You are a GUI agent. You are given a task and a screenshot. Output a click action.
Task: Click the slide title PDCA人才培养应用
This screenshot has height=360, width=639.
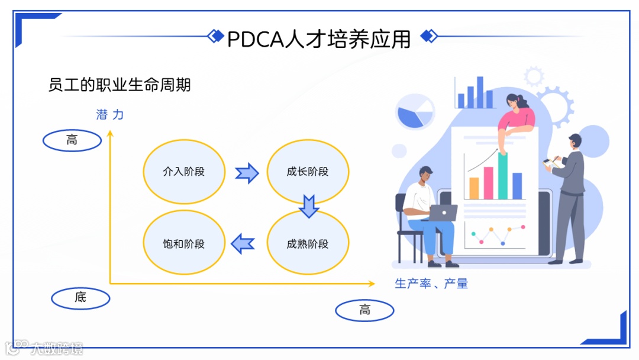(x=319, y=38)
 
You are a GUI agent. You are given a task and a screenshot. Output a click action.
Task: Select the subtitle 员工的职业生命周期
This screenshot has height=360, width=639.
(x=120, y=85)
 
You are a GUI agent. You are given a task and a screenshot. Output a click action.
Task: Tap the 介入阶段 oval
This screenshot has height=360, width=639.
(x=184, y=172)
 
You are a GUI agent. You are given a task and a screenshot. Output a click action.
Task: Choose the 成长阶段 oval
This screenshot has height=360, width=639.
(x=308, y=172)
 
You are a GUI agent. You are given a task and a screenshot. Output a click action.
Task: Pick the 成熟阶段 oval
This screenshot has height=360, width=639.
(x=308, y=244)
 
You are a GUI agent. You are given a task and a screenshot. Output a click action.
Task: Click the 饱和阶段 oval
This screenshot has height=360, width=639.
(x=184, y=244)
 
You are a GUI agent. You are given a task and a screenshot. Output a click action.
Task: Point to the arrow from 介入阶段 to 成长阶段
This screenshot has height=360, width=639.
(x=247, y=173)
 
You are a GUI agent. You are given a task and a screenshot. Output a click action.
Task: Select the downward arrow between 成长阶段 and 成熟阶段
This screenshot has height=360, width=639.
(x=309, y=206)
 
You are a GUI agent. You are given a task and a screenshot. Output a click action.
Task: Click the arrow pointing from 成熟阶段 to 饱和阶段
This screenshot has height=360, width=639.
(x=243, y=243)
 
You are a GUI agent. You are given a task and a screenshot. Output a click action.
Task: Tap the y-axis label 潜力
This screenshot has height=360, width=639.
(x=110, y=115)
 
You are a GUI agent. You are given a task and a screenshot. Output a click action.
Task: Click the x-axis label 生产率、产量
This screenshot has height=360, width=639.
(x=431, y=284)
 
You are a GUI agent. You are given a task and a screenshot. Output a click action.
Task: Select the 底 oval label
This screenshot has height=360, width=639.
(x=80, y=298)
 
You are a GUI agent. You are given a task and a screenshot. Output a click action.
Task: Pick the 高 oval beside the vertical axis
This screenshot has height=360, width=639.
(x=72, y=140)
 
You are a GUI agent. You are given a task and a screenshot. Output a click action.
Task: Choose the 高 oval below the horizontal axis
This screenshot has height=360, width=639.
(x=364, y=310)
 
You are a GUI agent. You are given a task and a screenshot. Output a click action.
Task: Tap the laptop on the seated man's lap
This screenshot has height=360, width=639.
(x=442, y=212)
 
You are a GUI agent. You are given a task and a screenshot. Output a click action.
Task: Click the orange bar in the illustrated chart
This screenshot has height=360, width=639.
(x=474, y=188)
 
